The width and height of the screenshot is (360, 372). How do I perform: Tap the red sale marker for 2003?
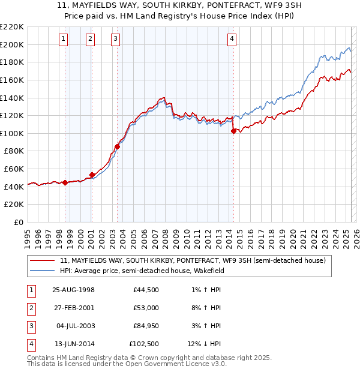click(x=118, y=146)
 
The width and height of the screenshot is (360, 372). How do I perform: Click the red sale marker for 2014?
click(x=233, y=131)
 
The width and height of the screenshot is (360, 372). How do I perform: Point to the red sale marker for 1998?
click(x=65, y=183)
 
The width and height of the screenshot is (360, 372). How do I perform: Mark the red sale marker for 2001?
click(x=92, y=175)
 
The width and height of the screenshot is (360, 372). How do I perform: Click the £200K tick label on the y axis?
click(x=12, y=44)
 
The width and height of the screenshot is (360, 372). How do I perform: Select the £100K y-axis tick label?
click(x=12, y=133)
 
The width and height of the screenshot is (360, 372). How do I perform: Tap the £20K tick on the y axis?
click(x=14, y=205)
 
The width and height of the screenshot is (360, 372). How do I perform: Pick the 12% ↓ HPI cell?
click(x=205, y=344)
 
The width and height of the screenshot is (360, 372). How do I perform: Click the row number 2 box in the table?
click(x=31, y=308)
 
